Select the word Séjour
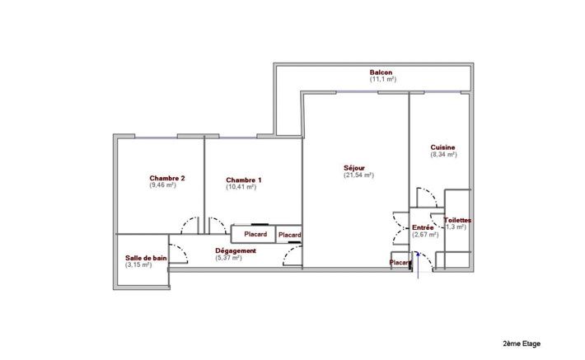355,167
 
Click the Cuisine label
442,147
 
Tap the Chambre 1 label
244,180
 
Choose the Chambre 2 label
166,178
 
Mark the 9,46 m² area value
163,185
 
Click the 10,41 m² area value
241,187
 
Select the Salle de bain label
146,258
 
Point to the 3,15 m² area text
138,265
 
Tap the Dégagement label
236,250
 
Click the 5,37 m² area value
228,258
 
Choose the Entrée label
424,227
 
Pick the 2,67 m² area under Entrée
425,234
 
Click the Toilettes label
457,220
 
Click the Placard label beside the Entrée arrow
400,263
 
